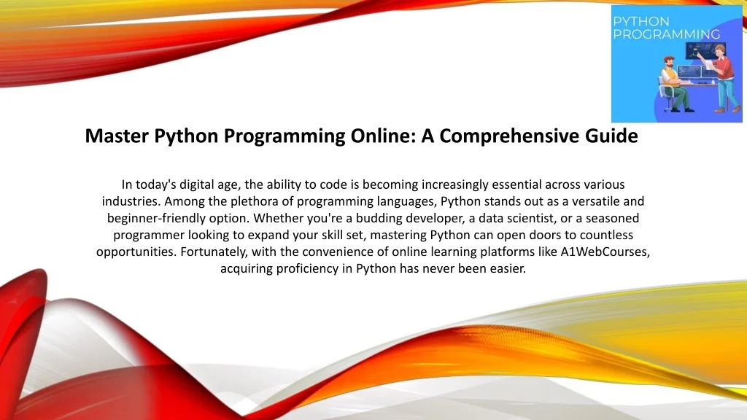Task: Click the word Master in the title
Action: (x=117, y=136)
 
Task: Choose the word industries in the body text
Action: (x=131, y=201)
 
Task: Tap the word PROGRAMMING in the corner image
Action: (x=666, y=34)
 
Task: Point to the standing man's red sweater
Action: (x=725, y=69)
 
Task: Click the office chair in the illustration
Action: (x=664, y=93)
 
